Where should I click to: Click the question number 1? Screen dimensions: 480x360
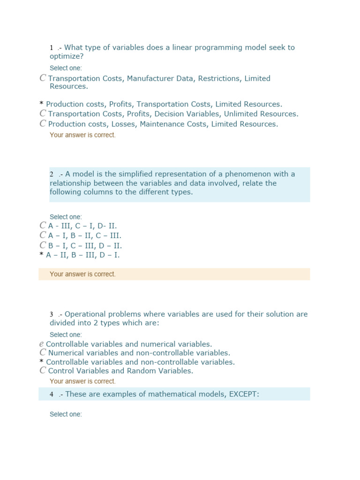pos(52,48)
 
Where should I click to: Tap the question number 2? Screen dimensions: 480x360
pos(52,174)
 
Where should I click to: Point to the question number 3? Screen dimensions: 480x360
pos(52,315)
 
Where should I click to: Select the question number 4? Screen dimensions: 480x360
pos(52,395)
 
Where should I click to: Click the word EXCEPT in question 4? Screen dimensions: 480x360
pos(242,394)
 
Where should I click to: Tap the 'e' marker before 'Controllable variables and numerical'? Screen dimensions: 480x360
pos(42,344)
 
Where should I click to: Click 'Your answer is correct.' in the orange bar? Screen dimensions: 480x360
pos(82,274)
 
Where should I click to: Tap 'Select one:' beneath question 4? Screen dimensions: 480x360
pos(66,414)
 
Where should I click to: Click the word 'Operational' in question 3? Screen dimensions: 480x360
pos(86,314)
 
